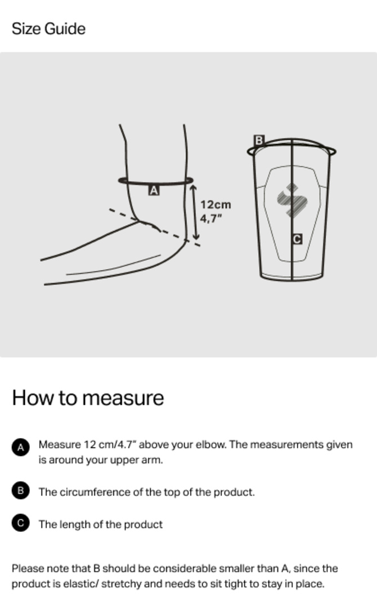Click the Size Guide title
pos(48,29)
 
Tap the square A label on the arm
pos(154,190)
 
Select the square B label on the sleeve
pos(259,140)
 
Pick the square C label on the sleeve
pos(297,239)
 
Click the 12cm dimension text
pos(216,204)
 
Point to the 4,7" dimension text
pos(211,218)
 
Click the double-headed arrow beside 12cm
pos(195,212)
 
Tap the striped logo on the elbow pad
pos(292,200)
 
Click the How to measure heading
pos(88,398)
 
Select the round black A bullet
pos(20,448)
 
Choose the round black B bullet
pos(20,491)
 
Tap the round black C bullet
pos(20,523)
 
